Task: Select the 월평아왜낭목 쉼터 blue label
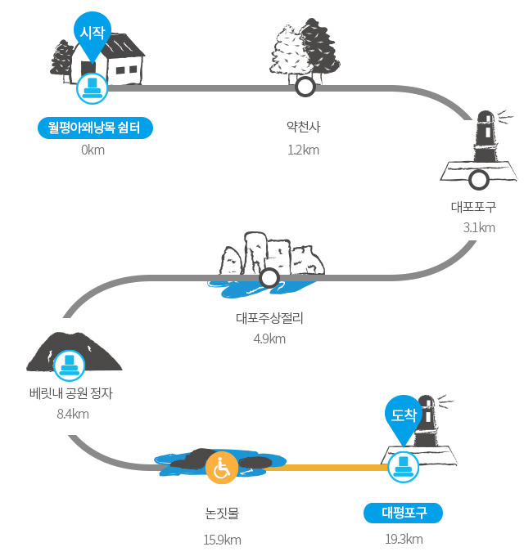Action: (x=95, y=128)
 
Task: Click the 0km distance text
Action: (x=93, y=150)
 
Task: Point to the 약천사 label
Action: (x=304, y=127)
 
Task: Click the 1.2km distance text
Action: (x=304, y=150)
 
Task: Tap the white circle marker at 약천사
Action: (x=305, y=87)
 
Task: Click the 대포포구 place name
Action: (x=473, y=207)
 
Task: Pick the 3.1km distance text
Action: (x=479, y=227)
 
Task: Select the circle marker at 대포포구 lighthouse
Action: (x=479, y=180)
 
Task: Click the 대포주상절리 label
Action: (x=270, y=318)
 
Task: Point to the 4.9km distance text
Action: (x=269, y=339)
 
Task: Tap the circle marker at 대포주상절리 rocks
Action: (x=269, y=278)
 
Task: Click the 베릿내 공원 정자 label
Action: (x=71, y=393)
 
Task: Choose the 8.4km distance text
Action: (x=73, y=414)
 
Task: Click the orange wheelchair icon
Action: (x=222, y=468)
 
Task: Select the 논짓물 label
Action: (x=222, y=513)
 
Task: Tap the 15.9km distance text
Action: (x=222, y=540)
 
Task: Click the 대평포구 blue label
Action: (x=404, y=513)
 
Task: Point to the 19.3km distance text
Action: (x=404, y=539)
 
